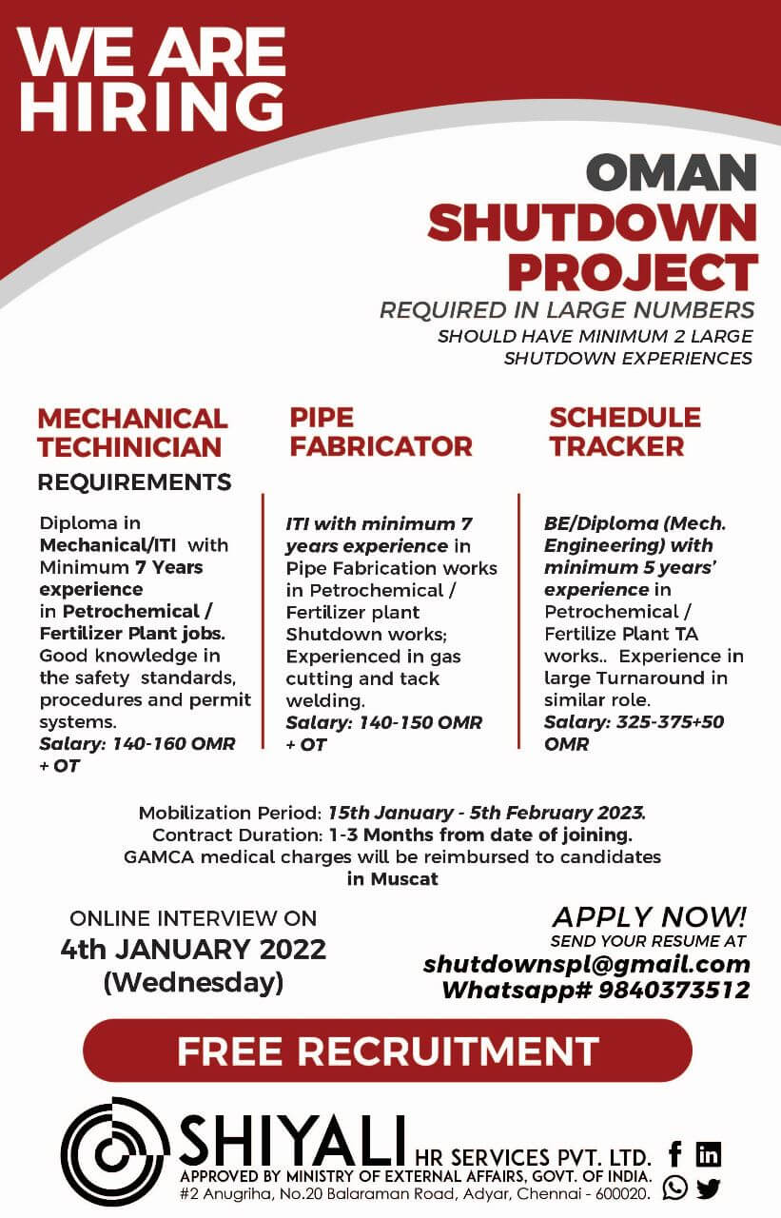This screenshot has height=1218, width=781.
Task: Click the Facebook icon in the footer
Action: (675, 1153)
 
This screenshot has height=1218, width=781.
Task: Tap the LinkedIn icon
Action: (709, 1153)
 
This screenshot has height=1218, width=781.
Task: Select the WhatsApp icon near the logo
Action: (675, 1189)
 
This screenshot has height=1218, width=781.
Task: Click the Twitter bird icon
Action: (709, 1189)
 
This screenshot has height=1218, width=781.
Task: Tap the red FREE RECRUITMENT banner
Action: (387, 1051)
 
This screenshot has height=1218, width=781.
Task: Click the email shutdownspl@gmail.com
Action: (586, 964)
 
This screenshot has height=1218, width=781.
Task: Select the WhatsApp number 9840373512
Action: (674, 990)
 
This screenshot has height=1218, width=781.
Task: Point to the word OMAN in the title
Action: (672, 172)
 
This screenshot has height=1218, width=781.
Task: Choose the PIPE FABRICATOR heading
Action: (381, 432)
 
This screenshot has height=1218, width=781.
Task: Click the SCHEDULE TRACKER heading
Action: (625, 432)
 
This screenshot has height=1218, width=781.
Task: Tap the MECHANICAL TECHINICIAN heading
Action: (132, 433)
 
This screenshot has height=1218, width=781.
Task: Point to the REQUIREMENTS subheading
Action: (134, 482)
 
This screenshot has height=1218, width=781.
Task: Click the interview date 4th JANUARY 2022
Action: (193, 950)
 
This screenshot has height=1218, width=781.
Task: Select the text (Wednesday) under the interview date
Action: (193, 982)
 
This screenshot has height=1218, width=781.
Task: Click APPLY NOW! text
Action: (650, 916)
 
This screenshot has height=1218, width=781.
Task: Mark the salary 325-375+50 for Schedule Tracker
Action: (670, 721)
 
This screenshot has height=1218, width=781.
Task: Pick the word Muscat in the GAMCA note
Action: (404, 878)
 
